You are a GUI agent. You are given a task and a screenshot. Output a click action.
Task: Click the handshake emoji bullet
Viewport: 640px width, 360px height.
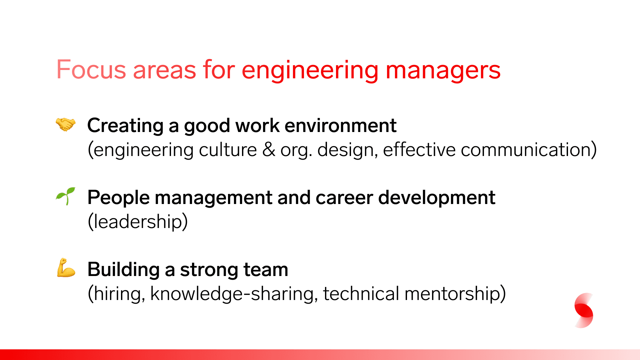pyautogui.click(x=66, y=125)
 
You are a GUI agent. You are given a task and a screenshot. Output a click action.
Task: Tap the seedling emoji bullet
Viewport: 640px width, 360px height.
pyautogui.click(x=66, y=196)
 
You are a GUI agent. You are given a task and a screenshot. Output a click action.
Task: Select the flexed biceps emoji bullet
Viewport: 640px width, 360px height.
pyautogui.click(x=66, y=268)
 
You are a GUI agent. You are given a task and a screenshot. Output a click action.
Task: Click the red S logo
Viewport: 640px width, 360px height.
pyautogui.click(x=584, y=310)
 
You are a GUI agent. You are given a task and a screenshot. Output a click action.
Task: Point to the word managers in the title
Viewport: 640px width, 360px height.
pyautogui.click(x=443, y=71)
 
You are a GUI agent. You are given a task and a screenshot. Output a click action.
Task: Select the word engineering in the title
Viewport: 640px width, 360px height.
pyautogui.click(x=310, y=71)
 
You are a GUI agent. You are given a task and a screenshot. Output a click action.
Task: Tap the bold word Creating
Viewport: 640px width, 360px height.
pyautogui.click(x=125, y=126)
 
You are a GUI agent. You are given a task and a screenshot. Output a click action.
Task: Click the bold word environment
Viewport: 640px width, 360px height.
pyautogui.click(x=340, y=126)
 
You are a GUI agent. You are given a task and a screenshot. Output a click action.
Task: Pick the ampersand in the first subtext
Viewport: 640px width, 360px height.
pyautogui.click(x=269, y=150)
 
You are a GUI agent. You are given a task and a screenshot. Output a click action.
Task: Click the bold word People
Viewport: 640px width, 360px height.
pyautogui.click(x=119, y=198)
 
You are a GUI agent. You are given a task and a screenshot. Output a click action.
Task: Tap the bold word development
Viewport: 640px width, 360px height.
pyautogui.click(x=437, y=198)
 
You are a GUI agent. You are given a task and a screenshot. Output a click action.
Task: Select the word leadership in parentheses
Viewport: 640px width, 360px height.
pyautogui.click(x=138, y=222)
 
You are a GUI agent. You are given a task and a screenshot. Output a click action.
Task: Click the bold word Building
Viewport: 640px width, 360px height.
pyautogui.click(x=124, y=270)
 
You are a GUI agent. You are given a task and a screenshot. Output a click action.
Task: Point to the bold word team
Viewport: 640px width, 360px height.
pyautogui.click(x=266, y=270)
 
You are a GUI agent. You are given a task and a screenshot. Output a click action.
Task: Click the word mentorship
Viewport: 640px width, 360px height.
pyautogui.click(x=453, y=294)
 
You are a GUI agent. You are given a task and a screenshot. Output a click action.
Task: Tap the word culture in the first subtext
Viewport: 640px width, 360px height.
pyautogui.click(x=228, y=150)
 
